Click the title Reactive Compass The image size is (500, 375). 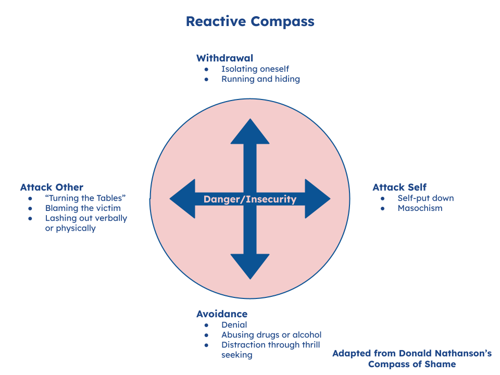tap(250, 21)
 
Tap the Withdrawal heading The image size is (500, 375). tap(224, 58)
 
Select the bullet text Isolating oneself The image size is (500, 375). tap(255, 69)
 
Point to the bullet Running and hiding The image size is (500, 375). tap(260, 79)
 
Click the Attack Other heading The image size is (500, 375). tap(52, 187)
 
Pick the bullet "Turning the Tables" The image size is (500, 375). tap(85, 198)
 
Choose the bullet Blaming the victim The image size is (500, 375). tap(83, 208)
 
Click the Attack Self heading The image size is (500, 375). tap(399, 187)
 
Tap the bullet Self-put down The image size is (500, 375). tap(425, 198)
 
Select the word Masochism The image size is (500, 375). tap(420, 208)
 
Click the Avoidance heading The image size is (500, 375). tap(222, 314)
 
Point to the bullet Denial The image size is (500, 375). tap(234, 325)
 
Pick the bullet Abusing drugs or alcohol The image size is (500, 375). tap(271, 335)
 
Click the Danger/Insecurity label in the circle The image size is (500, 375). tap(250, 199)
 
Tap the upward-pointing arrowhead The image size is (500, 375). tap(250, 132)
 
